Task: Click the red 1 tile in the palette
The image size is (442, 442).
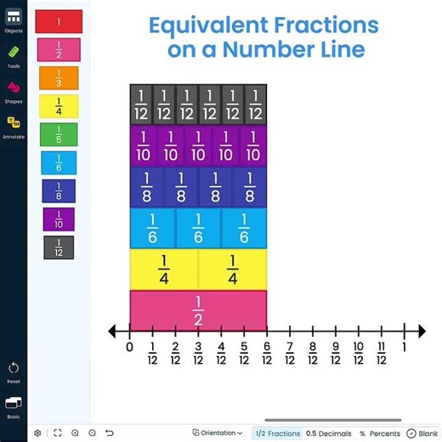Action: [59, 20]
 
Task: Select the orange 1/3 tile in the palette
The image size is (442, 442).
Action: [59, 77]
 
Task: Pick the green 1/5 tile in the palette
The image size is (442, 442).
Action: [59, 134]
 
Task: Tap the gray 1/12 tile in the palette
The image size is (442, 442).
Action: [59, 247]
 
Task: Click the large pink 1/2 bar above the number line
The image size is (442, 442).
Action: [198, 310]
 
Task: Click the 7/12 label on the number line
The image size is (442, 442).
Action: [290, 353]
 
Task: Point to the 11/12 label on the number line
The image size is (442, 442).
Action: [382, 353]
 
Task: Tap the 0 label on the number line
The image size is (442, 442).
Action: [130, 347]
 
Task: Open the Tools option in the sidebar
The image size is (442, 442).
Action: [14, 56]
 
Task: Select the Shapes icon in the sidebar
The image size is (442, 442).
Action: [14, 91]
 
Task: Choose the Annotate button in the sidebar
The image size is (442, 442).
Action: [14, 127]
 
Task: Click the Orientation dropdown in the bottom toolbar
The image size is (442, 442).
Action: [218, 433]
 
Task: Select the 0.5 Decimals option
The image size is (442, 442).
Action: [328, 433]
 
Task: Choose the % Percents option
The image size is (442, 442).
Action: [379, 433]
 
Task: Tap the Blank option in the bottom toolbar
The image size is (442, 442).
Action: [422, 433]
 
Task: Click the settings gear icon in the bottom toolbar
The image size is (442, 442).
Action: [37, 433]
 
